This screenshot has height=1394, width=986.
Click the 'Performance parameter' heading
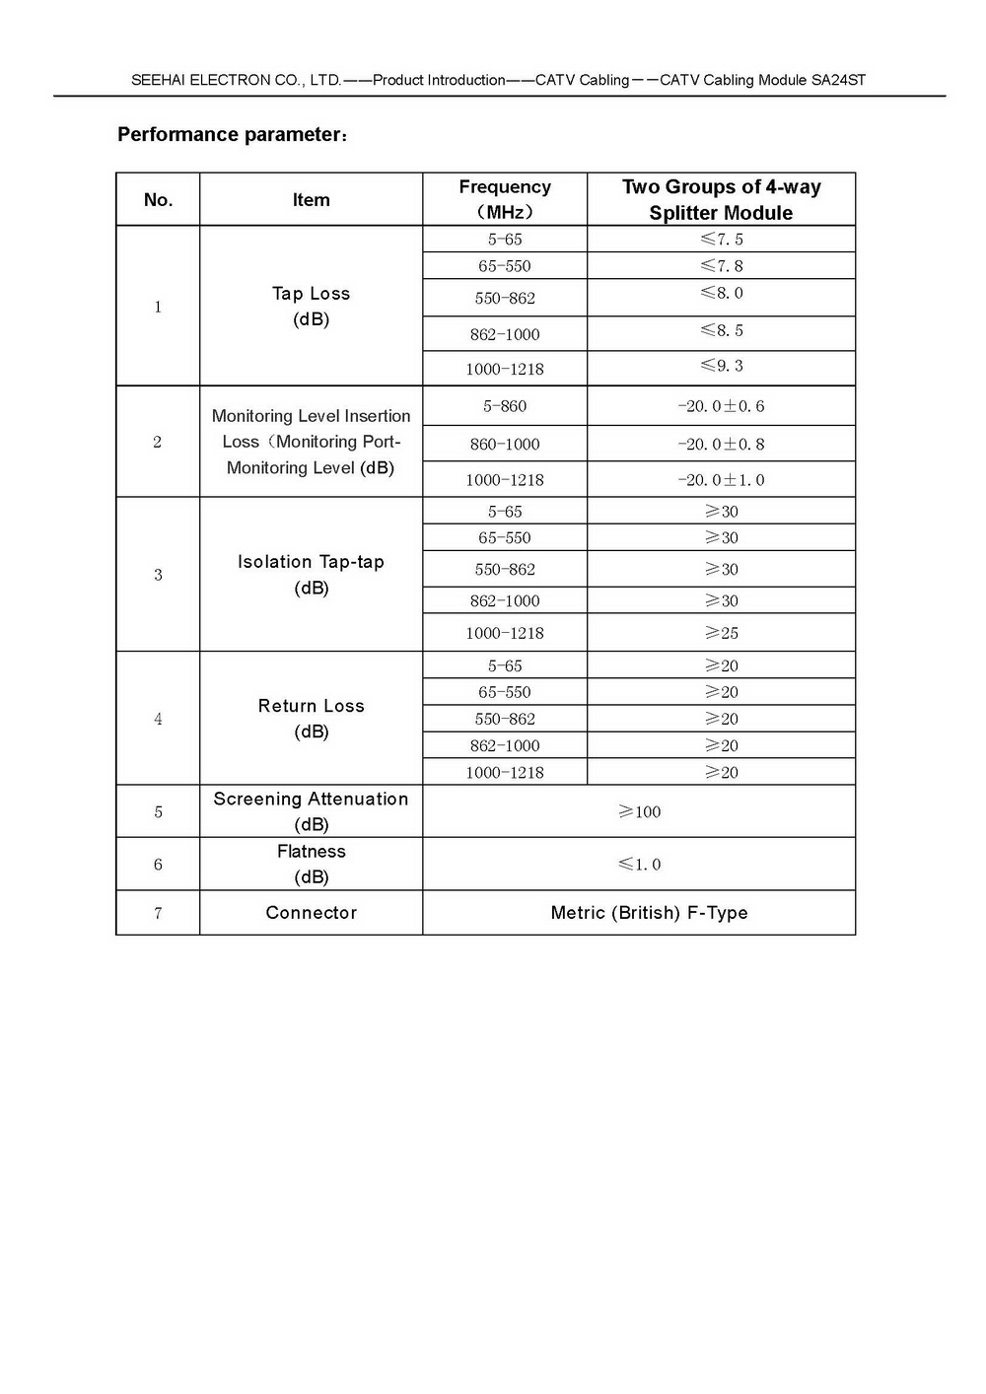(232, 135)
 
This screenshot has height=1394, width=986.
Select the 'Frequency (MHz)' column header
(505, 199)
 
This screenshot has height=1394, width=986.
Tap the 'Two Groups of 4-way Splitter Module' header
(721, 199)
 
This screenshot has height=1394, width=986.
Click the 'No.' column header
(158, 200)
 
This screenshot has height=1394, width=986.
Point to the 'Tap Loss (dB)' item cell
(311, 306)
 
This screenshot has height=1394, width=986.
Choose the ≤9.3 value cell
(722, 366)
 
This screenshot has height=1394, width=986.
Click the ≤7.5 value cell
(722, 240)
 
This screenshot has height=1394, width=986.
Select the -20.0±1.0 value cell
(721, 480)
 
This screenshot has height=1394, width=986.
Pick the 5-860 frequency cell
(505, 406)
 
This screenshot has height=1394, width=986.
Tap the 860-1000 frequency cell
(505, 445)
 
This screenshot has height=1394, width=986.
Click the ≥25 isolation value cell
(722, 633)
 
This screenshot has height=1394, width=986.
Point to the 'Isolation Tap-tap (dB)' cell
(311, 574)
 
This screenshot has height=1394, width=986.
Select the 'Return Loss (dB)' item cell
(311, 718)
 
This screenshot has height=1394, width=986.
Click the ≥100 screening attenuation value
(639, 812)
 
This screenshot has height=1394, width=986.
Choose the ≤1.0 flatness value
(639, 865)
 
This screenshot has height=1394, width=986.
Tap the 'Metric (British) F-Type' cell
(649, 913)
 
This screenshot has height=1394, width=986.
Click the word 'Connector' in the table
(311, 913)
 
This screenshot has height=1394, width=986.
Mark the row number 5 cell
(158, 812)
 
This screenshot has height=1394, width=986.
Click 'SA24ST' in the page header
(838, 81)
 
